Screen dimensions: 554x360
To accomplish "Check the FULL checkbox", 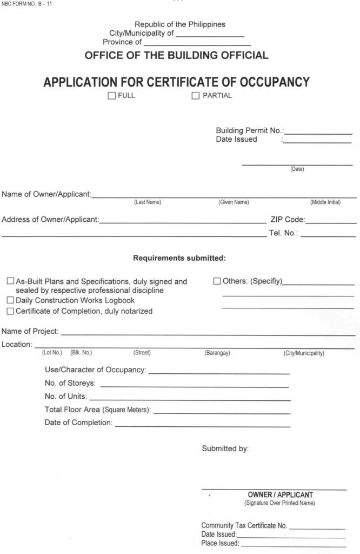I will [111, 96].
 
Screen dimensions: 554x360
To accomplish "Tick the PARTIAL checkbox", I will [195, 96].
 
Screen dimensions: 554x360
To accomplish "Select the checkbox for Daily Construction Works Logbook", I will [11, 300].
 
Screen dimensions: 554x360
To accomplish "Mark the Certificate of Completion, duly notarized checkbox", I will [11, 311].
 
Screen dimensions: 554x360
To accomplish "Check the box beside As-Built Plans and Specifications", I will [11, 281].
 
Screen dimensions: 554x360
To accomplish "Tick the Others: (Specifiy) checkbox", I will [217, 281].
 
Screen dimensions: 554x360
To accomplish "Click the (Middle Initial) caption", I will [325, 203].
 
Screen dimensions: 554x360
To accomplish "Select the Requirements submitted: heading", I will [179, 258].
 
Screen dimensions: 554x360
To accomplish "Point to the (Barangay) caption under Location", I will [217, 353].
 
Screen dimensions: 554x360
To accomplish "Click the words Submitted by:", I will [225, 449].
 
